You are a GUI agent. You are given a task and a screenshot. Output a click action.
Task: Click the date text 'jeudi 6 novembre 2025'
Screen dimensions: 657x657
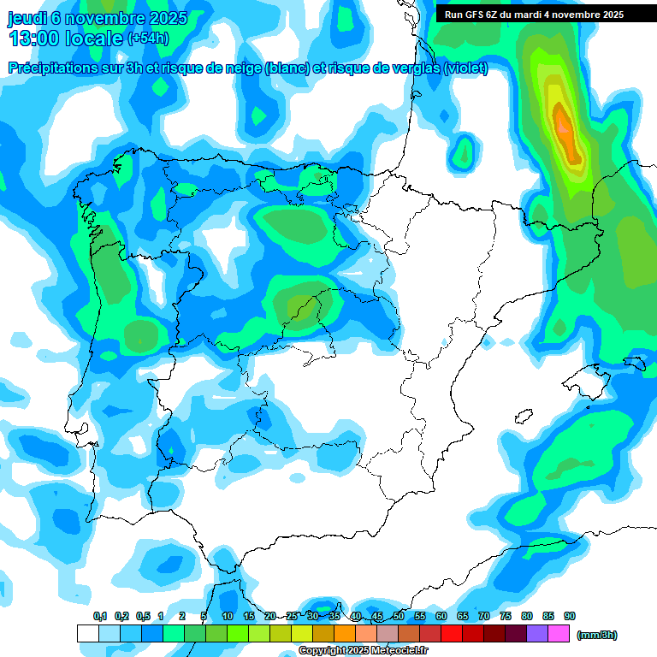click(x=98, y=18)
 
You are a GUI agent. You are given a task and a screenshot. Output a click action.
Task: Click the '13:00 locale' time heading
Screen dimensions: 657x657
click(x=67, y=38)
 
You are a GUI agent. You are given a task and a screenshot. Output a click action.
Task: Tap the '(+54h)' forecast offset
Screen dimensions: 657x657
click(x=148, y=38)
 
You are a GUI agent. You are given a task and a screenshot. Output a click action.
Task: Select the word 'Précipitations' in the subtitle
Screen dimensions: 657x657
click(x=50, y=68)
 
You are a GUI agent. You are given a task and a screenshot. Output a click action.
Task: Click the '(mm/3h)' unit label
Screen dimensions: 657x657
click(x=596, y=635)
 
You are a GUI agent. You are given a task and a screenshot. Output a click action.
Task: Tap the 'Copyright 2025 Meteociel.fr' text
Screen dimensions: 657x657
click(x=363, y=651)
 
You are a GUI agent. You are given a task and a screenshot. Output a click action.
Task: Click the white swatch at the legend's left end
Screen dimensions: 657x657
click(x=87, y=633)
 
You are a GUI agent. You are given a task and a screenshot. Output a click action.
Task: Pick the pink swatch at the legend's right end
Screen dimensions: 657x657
click(x=559, y=633)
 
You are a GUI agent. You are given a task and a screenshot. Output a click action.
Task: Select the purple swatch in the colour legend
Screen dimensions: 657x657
click(x=537, y=633)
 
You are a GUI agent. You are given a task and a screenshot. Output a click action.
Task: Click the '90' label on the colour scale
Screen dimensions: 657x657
click(x=570, y=616)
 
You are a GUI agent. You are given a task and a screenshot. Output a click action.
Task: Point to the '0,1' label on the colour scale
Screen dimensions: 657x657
click(x=100, y=616)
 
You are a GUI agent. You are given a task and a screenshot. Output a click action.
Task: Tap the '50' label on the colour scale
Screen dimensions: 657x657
click(x=399, y=616)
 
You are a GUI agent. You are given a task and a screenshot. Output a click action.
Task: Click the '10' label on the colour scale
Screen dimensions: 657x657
click(x=228, y=616)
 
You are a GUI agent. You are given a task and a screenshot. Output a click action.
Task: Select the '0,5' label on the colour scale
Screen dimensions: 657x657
click(x=143, y=616)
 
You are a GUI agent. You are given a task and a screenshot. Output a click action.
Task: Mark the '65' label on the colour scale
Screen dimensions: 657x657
click(x=463, y=616)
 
